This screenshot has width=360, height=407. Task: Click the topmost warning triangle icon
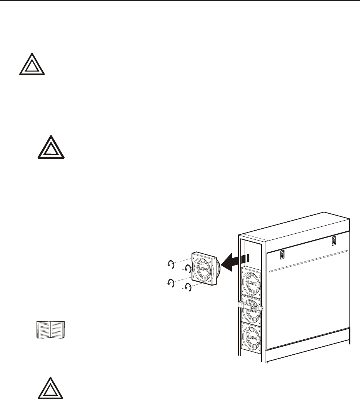(x=32, y=65)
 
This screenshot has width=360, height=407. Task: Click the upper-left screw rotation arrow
(x=170, y=264)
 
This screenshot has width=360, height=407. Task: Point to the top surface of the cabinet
(x=292, y=227)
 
